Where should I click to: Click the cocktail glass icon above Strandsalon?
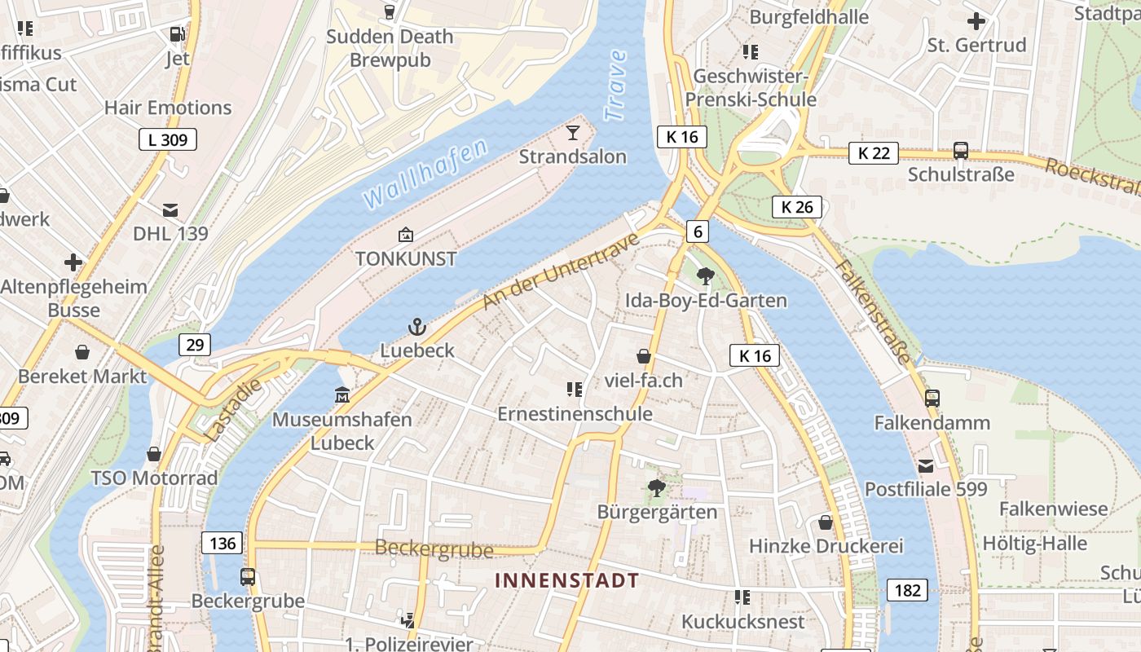(573, 132)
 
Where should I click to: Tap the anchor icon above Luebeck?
(416, 327)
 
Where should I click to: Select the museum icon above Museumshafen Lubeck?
(342, 396)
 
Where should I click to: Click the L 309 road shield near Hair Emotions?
(168, 139)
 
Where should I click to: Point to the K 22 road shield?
(873, 152)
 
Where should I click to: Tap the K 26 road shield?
(796, 207)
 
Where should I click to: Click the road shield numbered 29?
(195, 345)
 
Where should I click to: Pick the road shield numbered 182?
(907, 590)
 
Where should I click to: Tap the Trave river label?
(616, 86)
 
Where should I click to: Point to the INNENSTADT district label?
(567, 580)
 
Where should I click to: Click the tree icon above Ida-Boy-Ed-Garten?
(706, 276)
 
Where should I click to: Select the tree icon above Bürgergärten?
(656, 488)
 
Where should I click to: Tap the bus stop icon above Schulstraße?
(961, 151)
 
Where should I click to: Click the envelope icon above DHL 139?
(170, 210)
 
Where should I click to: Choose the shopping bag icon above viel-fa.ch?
(644, 356)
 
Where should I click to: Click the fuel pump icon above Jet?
(177, 34)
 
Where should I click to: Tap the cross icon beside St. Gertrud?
(976, 21)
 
